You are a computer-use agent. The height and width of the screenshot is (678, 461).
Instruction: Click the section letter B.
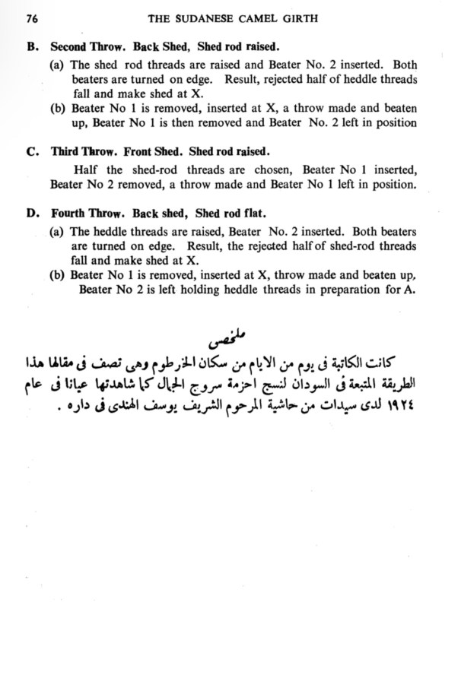31,45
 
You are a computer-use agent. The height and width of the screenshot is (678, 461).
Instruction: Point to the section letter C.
31,151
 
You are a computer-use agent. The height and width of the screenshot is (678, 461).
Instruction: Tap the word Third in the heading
65,151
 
